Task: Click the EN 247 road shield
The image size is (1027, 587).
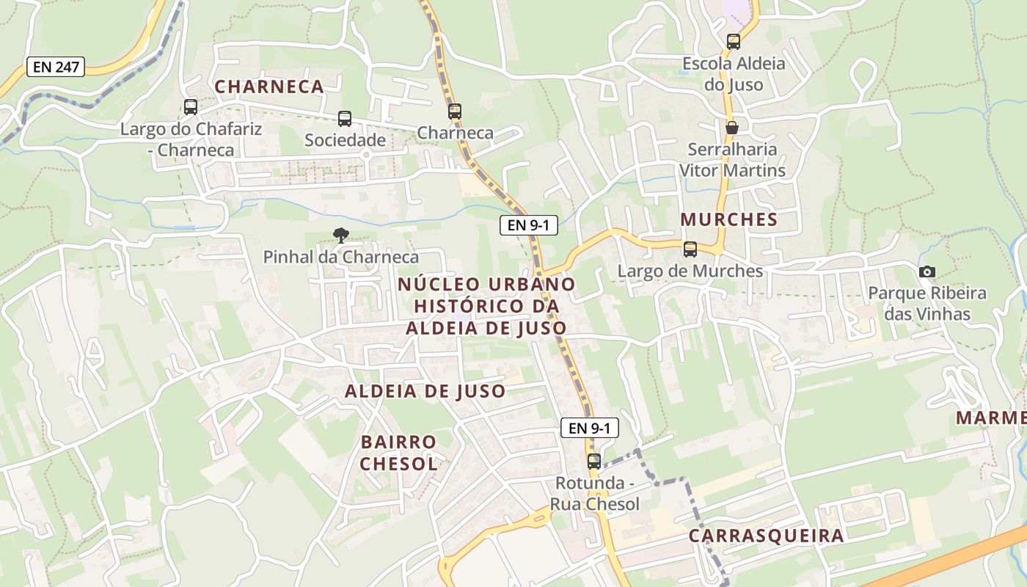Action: point(56,67)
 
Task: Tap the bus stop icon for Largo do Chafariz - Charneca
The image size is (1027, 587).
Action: point(191,107)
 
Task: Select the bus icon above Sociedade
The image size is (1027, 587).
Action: point(345,118)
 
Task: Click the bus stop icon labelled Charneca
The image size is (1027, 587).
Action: point(455,112)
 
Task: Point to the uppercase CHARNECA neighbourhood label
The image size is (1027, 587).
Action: point(269,87)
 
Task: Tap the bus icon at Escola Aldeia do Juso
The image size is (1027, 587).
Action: point(734,42)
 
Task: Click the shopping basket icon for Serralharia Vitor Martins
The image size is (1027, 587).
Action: point(731,128)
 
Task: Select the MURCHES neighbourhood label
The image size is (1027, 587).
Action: point(728,219)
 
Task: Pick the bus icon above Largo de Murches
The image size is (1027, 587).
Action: point(690,249)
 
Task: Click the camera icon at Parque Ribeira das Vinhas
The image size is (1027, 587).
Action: point(927,272)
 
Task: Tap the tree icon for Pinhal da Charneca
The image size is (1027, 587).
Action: point(340,236)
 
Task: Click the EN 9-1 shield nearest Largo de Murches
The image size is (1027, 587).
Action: point(528,225)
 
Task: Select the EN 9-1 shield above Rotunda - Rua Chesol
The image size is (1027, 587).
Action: point(589,428)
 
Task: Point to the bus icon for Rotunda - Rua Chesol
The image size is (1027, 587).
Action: point(594,462)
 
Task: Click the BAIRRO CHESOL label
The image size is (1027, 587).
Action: point(399,453)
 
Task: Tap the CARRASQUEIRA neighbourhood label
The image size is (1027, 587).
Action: point(766,536)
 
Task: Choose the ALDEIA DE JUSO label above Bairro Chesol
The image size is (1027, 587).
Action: point(425,391)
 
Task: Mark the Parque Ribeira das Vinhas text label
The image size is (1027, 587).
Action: point(927,304)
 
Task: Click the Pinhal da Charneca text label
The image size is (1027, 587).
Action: point(341,257)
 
